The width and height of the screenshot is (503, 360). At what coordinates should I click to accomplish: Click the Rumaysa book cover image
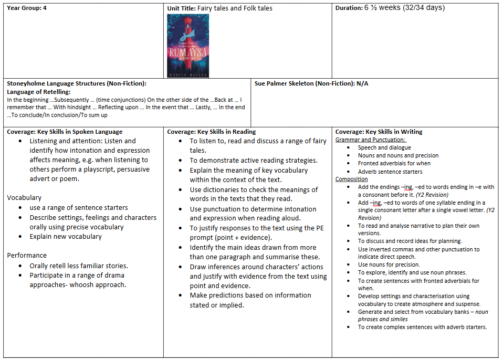tap(187, 46)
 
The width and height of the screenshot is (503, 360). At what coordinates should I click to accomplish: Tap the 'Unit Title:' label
tap(181, 8)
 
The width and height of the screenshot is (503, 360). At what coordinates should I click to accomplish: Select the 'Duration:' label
tap(349, 8)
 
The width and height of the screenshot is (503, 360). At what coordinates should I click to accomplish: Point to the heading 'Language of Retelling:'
tap(38, 92)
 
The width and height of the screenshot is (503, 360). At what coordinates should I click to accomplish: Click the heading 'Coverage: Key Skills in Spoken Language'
tap(65, 132)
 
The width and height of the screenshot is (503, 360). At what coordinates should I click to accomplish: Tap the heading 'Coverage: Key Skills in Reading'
tap(212, 132)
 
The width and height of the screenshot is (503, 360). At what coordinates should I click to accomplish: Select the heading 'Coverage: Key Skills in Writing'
tap(379, 132)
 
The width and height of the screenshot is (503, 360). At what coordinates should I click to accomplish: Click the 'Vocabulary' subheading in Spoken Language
tap(24, 198)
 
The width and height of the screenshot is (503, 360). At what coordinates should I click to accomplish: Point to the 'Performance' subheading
tap(27, 256)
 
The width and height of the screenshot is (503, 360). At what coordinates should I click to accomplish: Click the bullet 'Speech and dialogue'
tap(384, 147)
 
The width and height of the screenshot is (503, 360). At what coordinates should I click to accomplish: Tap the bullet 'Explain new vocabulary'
tap(66, 237)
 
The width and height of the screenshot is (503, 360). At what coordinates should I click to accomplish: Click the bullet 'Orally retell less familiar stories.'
tap(79, 266)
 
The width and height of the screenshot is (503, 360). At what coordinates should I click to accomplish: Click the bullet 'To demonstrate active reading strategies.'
tap(254, 161)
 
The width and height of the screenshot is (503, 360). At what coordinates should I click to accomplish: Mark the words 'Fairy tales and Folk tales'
tap(235, 8)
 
